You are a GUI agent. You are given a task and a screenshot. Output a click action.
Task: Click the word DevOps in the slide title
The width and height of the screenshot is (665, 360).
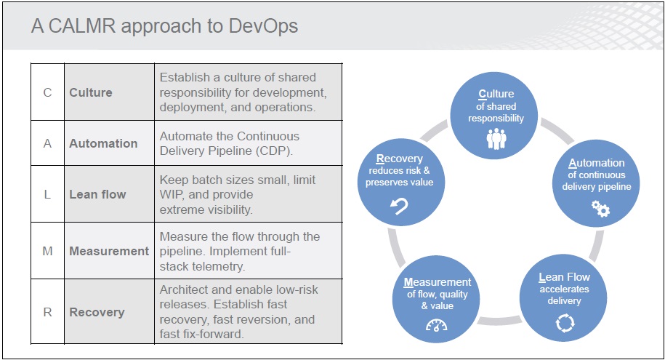pyautogui.click(x=263, y=26)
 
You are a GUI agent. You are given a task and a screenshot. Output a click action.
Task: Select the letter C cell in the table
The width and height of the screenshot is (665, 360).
pyautogui.click(x=47, y=92)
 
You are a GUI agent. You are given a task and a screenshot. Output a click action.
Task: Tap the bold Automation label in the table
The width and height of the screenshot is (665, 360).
pyautogui.click(x=103, y=143)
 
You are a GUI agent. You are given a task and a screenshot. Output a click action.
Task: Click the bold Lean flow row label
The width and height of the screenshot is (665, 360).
pyautogui.click(x=97, y=194)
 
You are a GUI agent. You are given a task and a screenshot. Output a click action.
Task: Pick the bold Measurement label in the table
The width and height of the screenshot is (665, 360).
pyautogui.click(x=109, y=251)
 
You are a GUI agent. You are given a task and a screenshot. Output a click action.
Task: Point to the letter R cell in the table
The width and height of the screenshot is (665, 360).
pyautogui.click(x=47, y=312)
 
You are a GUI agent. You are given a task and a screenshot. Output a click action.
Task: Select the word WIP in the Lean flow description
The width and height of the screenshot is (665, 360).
pyautogui.click(x=172, y=194)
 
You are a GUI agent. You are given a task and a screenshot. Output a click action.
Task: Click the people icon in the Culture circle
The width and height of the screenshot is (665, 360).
pyautogui.click(x=496, y=139)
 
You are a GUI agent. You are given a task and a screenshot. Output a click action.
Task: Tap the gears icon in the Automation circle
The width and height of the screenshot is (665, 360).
pyautogui.click(x=600, y=209)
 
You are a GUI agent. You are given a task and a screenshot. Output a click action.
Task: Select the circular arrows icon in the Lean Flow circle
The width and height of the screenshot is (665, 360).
pyautogui.click(x=565, y=323)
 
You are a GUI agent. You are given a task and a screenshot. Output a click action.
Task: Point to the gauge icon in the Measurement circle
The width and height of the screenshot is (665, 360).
pyautogui.click(x=436, y=326)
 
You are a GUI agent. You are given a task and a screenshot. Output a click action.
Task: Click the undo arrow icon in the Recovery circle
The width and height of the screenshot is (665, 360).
pyautogui.click(x=399, y=206)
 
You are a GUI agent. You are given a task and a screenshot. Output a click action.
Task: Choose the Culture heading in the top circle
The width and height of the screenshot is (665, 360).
pyautogui.click(x=496, y=94)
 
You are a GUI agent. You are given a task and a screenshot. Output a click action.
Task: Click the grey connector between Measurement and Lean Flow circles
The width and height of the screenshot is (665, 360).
pyautogui.click(x=499, y=321)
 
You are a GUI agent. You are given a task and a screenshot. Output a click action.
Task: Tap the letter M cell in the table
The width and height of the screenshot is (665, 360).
pyautogui.click(x=47, y=251)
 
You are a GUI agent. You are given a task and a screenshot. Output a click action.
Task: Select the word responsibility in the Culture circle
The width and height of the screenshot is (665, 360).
pyautogui.click(x=496, y=119)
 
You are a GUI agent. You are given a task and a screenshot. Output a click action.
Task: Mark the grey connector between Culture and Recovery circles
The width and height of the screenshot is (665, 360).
pyautogui.click(x=434, y=130)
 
